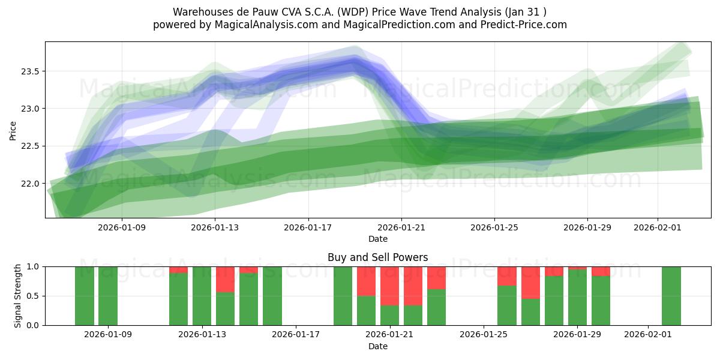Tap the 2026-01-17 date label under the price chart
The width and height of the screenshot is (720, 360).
308,227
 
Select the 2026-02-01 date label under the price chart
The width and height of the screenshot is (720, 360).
658,227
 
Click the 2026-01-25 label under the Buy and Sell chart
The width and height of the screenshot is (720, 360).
484,335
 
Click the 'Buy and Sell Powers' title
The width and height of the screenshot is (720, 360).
377,257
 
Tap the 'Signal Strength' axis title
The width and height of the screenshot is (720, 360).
18,295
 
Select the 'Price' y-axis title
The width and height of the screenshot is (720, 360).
13,130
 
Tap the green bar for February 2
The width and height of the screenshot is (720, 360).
671,296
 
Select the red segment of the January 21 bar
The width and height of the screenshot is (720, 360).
390,286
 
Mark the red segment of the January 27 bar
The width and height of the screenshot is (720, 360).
530,283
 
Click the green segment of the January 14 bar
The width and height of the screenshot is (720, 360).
225,308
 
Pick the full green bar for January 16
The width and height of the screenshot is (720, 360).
272,296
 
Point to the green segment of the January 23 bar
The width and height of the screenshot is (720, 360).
437,307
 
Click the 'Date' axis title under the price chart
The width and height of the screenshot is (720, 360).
377,239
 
